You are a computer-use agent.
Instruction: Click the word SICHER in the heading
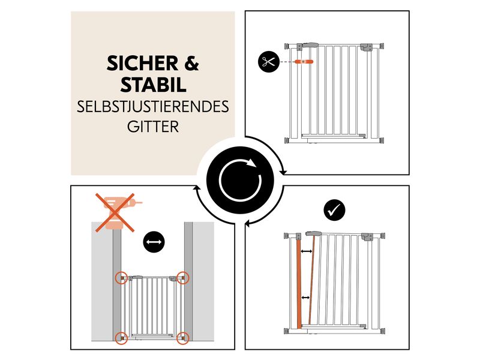coord(142,64)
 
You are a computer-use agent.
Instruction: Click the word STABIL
coord(153,85)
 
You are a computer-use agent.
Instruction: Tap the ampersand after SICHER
coord(191,64)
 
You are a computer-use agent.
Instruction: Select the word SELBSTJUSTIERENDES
coord(153,107)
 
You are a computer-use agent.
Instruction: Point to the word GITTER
coord(153,127)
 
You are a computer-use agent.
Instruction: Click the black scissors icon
coord(269,62)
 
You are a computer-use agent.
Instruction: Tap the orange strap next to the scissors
coord(304,62)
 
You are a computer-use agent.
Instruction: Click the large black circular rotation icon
coord(240,181)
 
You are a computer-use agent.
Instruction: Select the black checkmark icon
coord(334,211)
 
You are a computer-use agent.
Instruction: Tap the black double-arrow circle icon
coord(154,242)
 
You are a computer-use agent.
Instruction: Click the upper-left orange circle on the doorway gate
coord(122,278)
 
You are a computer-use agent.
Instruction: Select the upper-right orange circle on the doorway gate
coord(183,278)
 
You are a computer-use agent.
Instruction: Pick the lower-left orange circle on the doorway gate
coord(122,338)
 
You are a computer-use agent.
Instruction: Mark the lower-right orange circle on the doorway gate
coord(183,338)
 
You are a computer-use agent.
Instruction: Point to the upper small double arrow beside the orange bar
coord(307,251)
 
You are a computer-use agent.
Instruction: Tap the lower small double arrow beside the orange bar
coord(305,298)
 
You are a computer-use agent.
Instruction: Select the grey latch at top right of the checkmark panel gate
coord(367,236)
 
